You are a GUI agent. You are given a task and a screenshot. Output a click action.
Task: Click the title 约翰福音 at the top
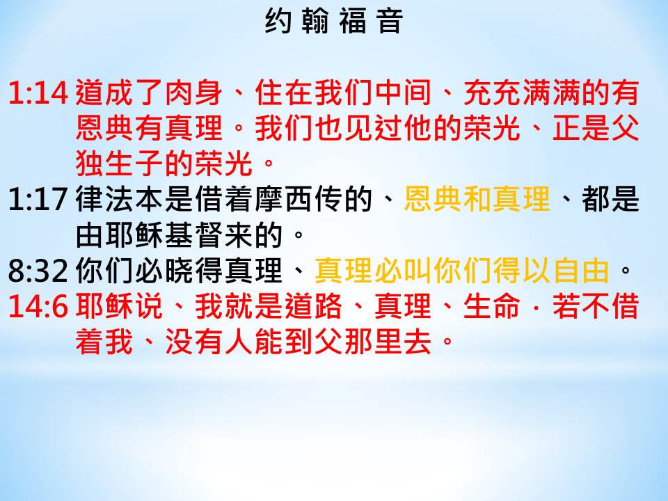333,21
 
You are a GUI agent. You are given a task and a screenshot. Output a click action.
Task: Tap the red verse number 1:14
38,93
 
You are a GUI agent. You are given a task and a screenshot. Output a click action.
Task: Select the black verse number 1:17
38,199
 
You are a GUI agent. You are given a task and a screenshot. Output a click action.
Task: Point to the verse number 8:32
38,270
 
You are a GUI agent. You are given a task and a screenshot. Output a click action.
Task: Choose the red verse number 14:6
38,306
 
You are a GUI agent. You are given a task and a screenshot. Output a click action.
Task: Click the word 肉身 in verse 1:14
194,93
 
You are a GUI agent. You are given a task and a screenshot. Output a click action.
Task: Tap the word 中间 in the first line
404,93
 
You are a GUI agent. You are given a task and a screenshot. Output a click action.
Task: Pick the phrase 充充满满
523,93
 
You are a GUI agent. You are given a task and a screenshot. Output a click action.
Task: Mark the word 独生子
120,164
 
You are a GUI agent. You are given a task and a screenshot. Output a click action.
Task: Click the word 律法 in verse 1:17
105,199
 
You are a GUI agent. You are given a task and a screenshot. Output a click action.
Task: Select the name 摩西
284,199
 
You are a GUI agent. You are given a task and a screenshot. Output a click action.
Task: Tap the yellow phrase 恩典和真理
477,199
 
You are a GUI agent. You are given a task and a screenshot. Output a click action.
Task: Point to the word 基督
194,234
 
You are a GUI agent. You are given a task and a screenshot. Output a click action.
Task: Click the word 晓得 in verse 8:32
194,270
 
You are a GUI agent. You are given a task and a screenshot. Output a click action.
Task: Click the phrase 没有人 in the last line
209,342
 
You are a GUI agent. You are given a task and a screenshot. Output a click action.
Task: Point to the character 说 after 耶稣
150,306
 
